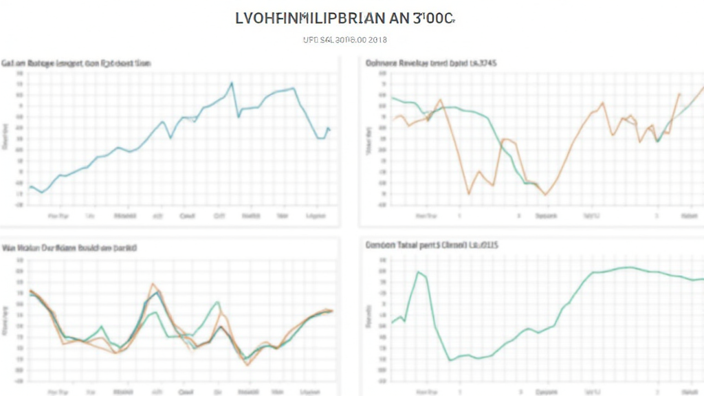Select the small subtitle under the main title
point(345,40)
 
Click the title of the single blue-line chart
point(76,63)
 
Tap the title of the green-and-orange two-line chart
point(432,63)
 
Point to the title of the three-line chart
point(69,247)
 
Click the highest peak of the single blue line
point(231,83)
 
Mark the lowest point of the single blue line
point(42,192)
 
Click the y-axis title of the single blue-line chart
point(5,136)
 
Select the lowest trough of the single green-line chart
point(450,360)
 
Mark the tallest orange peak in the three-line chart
point(153,283)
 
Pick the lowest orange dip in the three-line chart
point(247,365)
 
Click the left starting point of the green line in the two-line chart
point(392,98)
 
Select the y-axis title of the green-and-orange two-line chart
point(370,141)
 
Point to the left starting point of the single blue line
point(30,186)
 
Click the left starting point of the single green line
point(392,323)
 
